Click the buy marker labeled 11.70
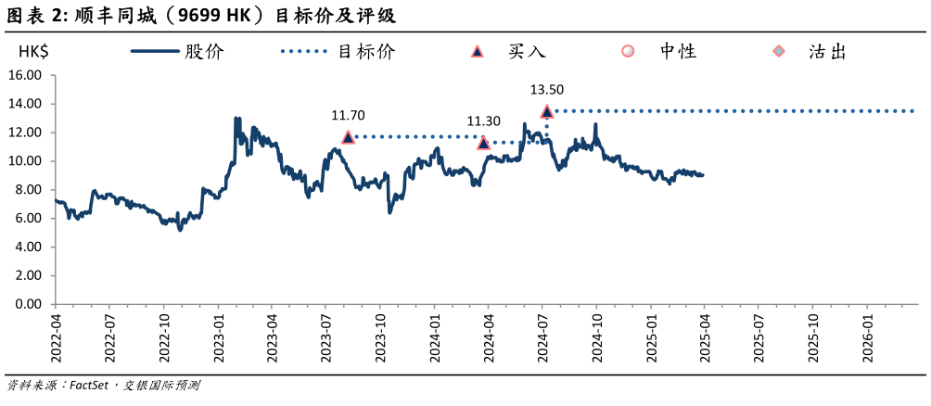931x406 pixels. tap(349, 137)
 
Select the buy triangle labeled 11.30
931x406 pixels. tap(483, 143)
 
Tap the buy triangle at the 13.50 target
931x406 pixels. tap(547, 111)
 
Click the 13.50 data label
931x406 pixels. tap(546, 90)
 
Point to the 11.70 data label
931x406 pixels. tap(348, 116)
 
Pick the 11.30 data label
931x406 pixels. tap(483, 121)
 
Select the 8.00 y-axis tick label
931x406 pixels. tap(28, 190)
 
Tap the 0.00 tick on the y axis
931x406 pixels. tap(28, 304)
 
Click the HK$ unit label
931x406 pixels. tap(33, 52)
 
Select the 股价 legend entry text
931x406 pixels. tap(204, 52)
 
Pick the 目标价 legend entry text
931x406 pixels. tap(366, 52)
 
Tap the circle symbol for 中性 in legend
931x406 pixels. tap(628, 52)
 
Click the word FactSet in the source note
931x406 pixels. tap(88, 385)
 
